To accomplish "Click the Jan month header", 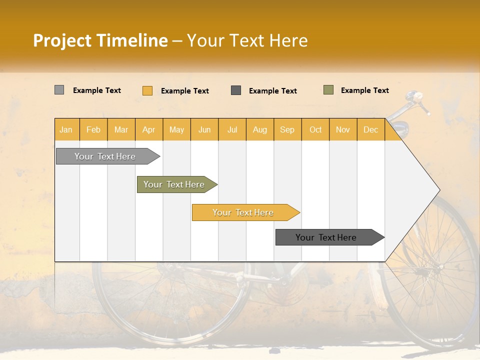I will pos(66,129).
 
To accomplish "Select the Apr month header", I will pos(148,129).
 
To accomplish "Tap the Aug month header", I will pos(259,129).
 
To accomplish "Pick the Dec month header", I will pos(370,129).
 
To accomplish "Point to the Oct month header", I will pos(315,129).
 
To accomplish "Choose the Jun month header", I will pos(204,129).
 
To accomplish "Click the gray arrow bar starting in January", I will pos(105,156).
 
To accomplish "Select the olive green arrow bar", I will pos(174,184).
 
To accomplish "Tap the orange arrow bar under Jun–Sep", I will pos(243,212).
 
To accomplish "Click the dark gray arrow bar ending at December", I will pos(326,237).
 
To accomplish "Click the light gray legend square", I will pos(59,90).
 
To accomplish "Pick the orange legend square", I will pos(147,90).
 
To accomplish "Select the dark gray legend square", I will pos(235,90).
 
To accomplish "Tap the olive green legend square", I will pos(328,90).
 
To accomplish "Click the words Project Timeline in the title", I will pos(100,40).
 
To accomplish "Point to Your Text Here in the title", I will pos(247,40).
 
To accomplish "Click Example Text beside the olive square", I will pos(364,90).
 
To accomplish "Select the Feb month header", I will pos(93,129).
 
